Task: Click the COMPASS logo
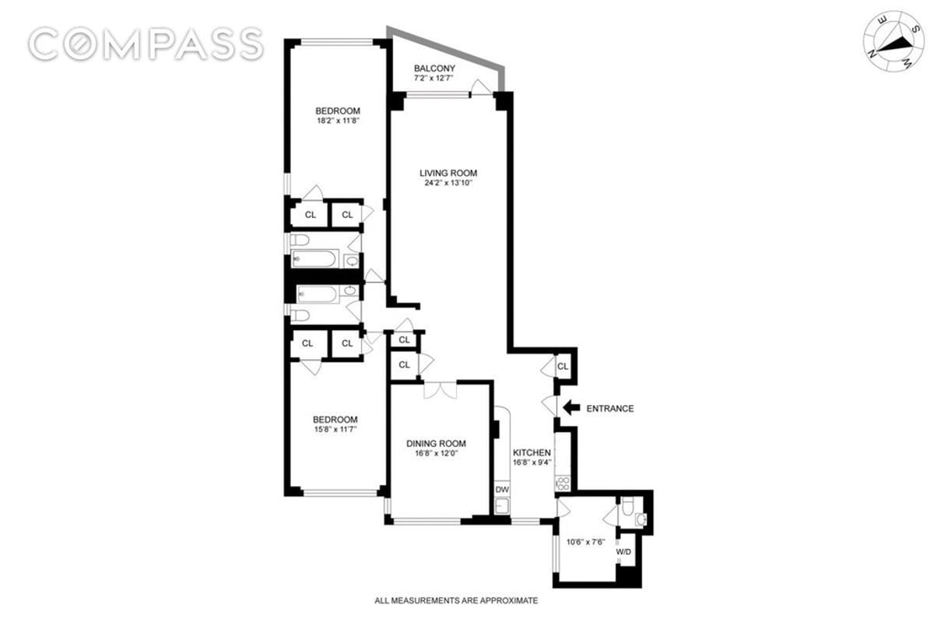click(x=146, y=44)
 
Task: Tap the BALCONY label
click(x=434, y=69)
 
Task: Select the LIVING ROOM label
click(x=448, y=173)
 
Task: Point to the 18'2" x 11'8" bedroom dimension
click(x=338, y=121)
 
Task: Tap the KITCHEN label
click(x=532, y=453)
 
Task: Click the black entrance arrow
click(x=571, y=407)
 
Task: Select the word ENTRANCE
click(x=609, y=408)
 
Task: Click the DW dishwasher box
click(x=502, y=490)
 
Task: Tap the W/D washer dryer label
click(x=625, y=551)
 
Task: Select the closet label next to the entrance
click(x=563, y=366)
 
